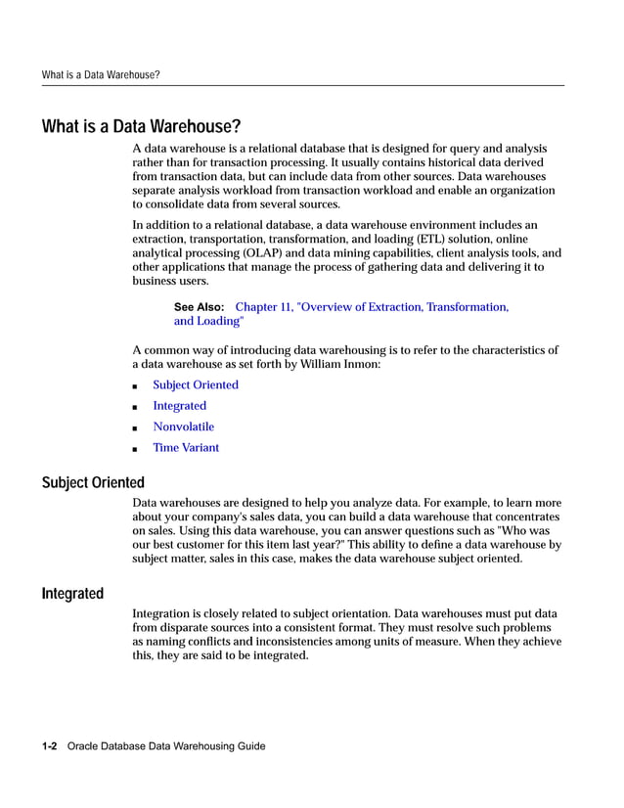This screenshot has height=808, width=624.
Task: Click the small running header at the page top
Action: click(101, 74)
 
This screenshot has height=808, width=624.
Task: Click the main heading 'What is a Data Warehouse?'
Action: click(141, 127)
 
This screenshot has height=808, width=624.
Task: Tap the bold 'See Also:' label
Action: click(199, 307)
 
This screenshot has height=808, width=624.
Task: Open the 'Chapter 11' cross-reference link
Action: click(372, 307)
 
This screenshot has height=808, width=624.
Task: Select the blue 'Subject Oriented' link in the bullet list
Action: click(195, 384)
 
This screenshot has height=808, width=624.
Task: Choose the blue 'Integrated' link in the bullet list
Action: click(179, 406)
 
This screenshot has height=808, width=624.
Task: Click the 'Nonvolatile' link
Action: click(183, 426)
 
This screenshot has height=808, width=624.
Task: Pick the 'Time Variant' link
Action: click(186, 448)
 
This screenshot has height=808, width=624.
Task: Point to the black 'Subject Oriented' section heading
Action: click(93, 482)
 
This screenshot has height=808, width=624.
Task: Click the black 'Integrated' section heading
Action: click(72, 594)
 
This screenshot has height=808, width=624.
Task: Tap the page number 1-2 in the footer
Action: click(50, 746)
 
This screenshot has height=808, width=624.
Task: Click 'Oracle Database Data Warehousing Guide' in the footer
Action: click(166, 746)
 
